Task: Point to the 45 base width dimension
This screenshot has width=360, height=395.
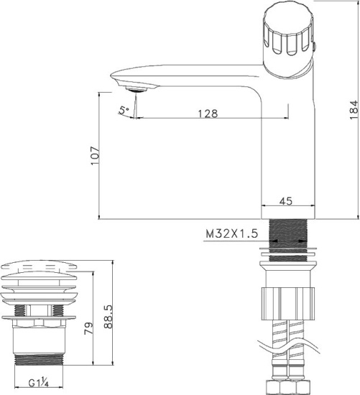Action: coord(286,202)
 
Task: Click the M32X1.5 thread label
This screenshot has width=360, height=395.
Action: coord(231,234)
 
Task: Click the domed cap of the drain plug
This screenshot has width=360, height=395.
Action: coord(40,270)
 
